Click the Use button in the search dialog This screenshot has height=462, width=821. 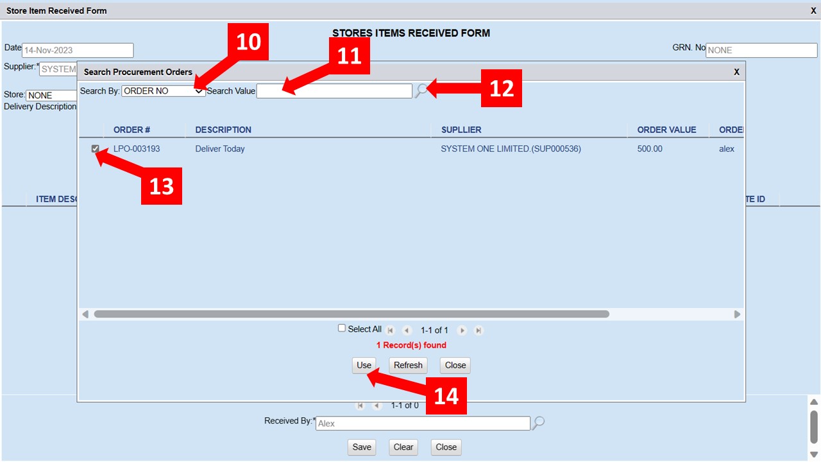tap(364, 365)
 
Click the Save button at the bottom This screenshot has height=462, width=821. tap(362, 447)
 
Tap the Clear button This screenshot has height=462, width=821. tap(403, 447)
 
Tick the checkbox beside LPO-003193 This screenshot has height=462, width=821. tap(96, 148)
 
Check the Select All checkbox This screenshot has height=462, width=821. tap(342, 328)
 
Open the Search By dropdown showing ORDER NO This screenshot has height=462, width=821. tap(163, 91)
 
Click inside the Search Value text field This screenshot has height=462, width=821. tap(334, 91)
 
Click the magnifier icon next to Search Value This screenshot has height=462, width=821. tap(421, 90)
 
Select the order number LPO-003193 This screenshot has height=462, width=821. tap(137, 149)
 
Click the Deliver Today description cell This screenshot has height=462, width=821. tap(219, 149)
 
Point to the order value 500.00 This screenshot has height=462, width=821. tap(650, 149)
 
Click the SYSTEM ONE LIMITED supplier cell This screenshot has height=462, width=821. tap(511, 149)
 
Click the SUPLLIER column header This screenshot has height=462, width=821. tap(461, 130)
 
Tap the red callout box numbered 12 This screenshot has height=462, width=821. tap(502, 88)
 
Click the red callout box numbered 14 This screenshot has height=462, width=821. tap(446, 396)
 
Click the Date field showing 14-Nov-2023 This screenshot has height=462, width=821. tap(78, 50)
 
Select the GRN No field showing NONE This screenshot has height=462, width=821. tap(761, 50)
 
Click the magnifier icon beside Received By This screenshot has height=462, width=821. tap(538, 423)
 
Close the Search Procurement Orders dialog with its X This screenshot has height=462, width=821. tap(736, 72)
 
